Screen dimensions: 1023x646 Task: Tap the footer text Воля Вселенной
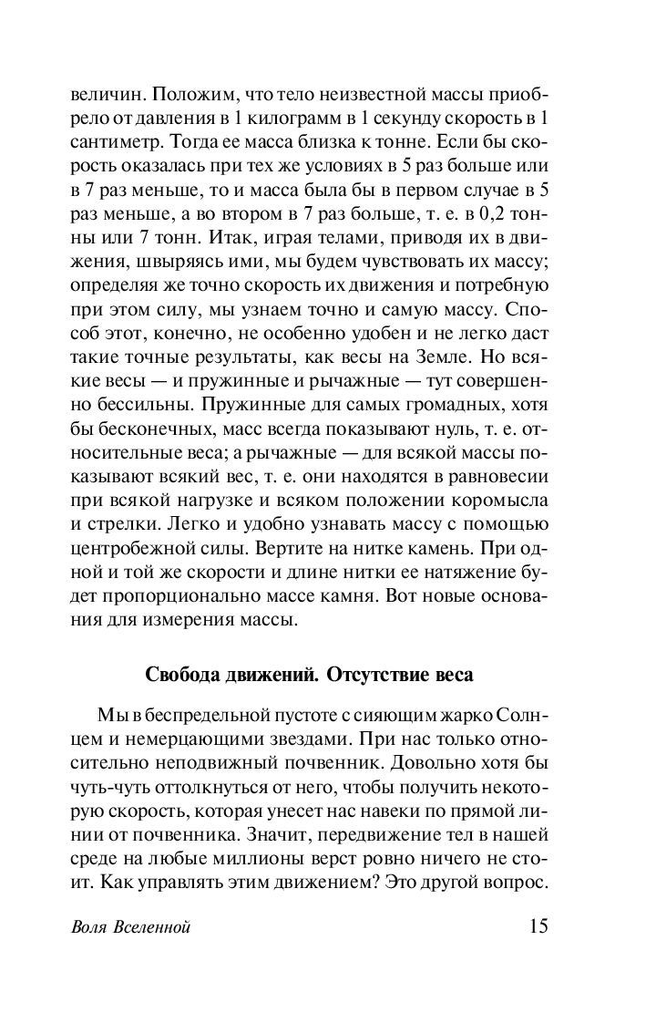pyautogui.click(x=128, y=928)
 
